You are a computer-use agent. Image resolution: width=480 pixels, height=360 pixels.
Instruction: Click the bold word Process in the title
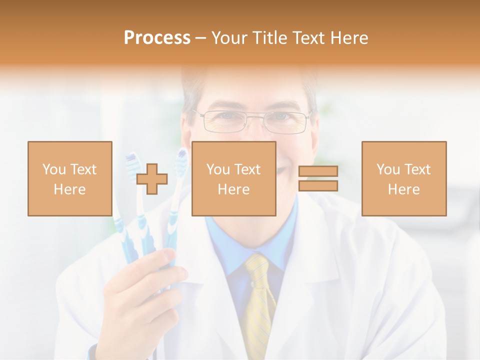pyautogui.click(x=157, y=38)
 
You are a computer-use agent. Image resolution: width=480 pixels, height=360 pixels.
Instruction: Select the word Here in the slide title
pyautogui.click(x=349, y=38)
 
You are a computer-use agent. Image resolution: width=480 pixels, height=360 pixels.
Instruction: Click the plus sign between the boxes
pyautogui.click(x=152, y=179)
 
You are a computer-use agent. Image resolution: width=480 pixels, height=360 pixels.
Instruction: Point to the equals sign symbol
pyautogui.click(x=318, y=178)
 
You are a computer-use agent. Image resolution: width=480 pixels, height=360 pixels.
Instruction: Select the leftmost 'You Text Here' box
pyautogui.click(x=69, y=178)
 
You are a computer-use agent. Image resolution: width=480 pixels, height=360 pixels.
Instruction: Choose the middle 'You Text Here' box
pyautogui.click(x=233, y=178)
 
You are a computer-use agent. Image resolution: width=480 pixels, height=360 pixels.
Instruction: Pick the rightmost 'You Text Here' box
pyautogui.click(x=403, y=178)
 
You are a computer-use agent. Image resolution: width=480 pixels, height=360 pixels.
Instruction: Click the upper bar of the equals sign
pyautogui.click(x=318, y=171)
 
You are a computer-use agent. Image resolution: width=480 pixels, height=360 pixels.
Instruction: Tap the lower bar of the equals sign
pyautogui.click(x=318, y=185)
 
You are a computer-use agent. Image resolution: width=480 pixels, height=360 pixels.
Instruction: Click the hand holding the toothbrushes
pyautogui.click(x=145, y=290)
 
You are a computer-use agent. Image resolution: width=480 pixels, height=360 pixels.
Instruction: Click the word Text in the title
pyautogui.click(x=309, y=38)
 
